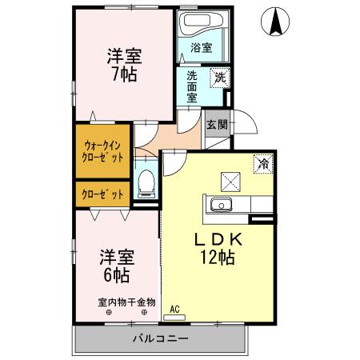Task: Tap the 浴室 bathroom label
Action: point(202,48)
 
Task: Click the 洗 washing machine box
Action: point(219,78)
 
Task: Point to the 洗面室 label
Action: point(192,86)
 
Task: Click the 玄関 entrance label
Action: point(215,124)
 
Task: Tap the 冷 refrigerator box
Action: point(262,162)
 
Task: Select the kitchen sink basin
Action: point(218,206)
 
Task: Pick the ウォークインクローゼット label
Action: point(102,151)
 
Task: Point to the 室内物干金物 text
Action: point(126,302)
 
